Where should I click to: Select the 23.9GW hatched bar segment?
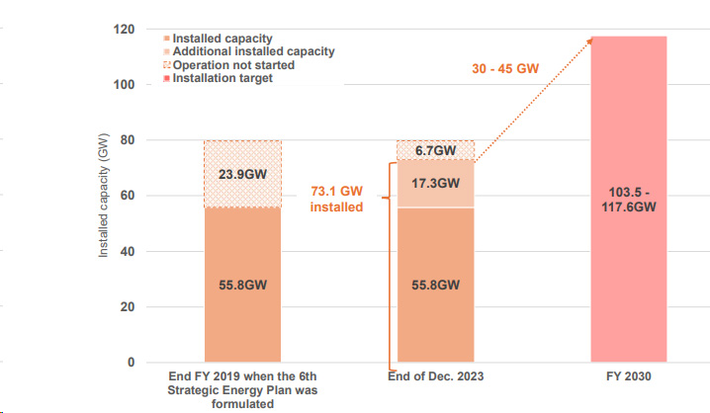[x=242, y=174]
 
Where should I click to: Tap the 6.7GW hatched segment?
[x=434, y=150]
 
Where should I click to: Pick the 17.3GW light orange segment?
[x=434, y=183]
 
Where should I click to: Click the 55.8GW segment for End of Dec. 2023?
[x=434, y=285]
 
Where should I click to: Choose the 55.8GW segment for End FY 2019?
[x=242, y=285]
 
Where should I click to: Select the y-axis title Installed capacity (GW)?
[x=103, y=196]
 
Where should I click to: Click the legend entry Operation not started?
[x=232, y=64]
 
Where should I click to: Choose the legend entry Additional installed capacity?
[x=253, y=51]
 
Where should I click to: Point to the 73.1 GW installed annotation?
[x=337, y=198]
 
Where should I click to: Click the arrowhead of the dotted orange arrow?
[x=591, y=40]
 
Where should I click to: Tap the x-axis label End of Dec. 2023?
[x=434, y=376]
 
